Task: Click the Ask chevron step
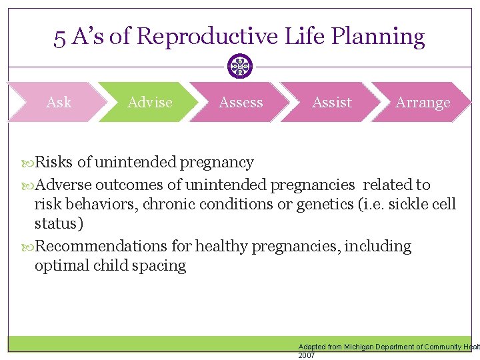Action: coord(59,102)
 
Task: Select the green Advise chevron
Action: coord(149,102)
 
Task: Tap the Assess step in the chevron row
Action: coord(241,102)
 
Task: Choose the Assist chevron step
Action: coord(331,102)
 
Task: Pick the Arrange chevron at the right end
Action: coord(423,102)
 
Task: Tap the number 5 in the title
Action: coord(60,37)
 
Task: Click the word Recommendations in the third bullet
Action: coord(101,246)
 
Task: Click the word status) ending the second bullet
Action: coord(59,223)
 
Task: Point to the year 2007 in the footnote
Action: coord(307,356)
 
